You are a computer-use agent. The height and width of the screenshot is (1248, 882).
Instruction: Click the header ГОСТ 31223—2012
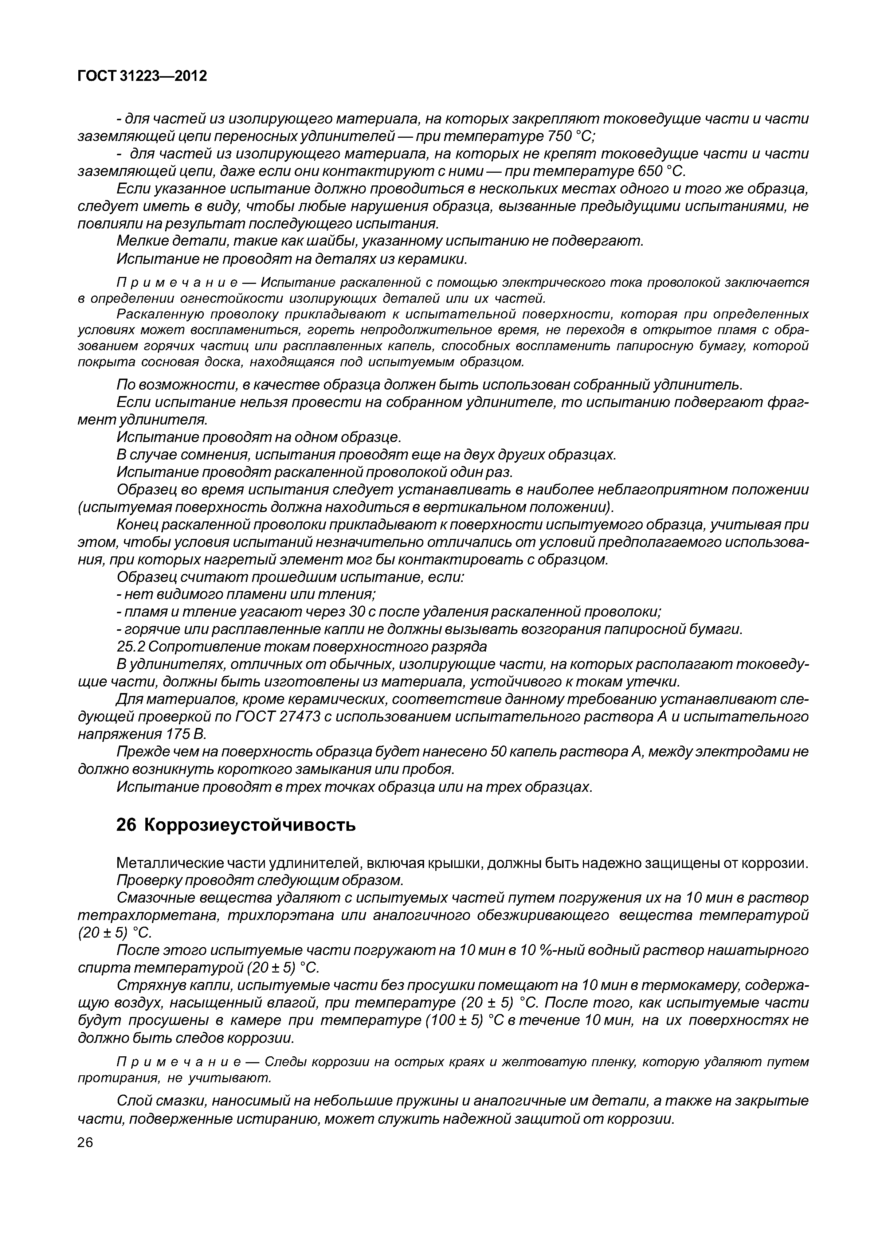tap(142, 76)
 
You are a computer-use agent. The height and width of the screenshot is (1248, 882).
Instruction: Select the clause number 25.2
tap(131, 647)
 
